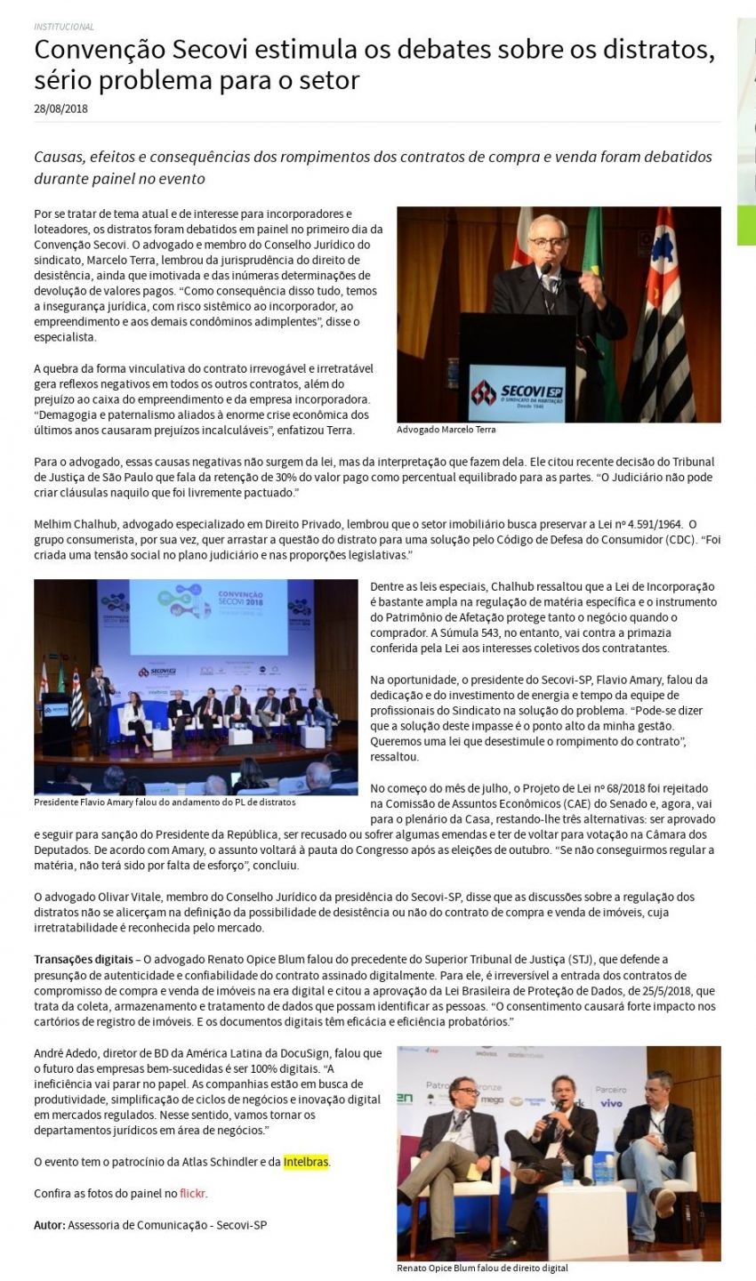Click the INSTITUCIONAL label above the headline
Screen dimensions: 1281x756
click(x=64, y=27)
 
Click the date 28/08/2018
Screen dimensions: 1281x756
click(x=60, y=109)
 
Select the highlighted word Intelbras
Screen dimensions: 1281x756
click(x=307, y=1162)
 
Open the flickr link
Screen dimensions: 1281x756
click(x=193, y=1193)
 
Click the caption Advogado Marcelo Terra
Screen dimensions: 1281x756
click(x=446, y=430)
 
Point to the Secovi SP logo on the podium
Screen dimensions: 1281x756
click(x=517, y=391)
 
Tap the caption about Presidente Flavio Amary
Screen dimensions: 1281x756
click(x=165, y=802)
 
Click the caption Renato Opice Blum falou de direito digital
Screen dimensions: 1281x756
click(x=482, y=1268)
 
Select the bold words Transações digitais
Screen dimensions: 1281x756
click(x=83, y=959)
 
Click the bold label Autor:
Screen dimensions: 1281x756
click(x=49, y=1224)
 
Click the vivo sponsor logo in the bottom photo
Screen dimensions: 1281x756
click(x=611, y=1103)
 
